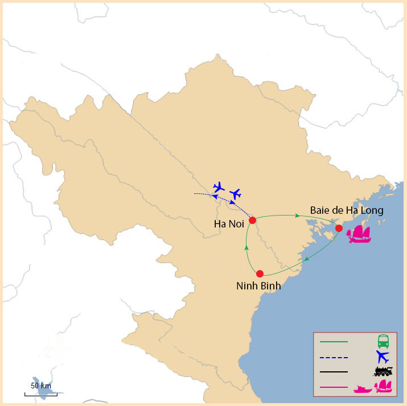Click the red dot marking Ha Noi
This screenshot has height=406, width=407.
point(253,220)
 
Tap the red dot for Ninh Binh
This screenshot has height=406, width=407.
point(260,273)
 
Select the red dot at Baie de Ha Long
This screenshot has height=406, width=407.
point(339,228)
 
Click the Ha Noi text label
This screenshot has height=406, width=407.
point(229,224)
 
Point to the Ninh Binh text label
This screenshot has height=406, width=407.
point(258,286)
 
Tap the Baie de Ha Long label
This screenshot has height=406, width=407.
point(347,210)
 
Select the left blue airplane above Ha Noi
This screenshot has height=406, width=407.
point(218,187)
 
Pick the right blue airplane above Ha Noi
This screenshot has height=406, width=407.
point(235,194)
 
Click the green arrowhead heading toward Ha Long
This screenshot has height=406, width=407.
point(298,216)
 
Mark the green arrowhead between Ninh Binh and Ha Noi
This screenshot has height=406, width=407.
point(245,247)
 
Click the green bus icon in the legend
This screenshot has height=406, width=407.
point(383,342)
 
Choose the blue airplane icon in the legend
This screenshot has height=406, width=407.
point(383,357)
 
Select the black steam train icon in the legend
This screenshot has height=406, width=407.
point(383,372)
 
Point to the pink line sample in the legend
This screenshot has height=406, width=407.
point(334,387)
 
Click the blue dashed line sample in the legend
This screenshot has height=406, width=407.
point(334,357)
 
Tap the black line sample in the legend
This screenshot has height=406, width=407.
point(334,372)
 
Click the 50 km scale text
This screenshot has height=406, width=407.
point(40,386)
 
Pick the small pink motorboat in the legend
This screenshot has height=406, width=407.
point(362,389)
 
